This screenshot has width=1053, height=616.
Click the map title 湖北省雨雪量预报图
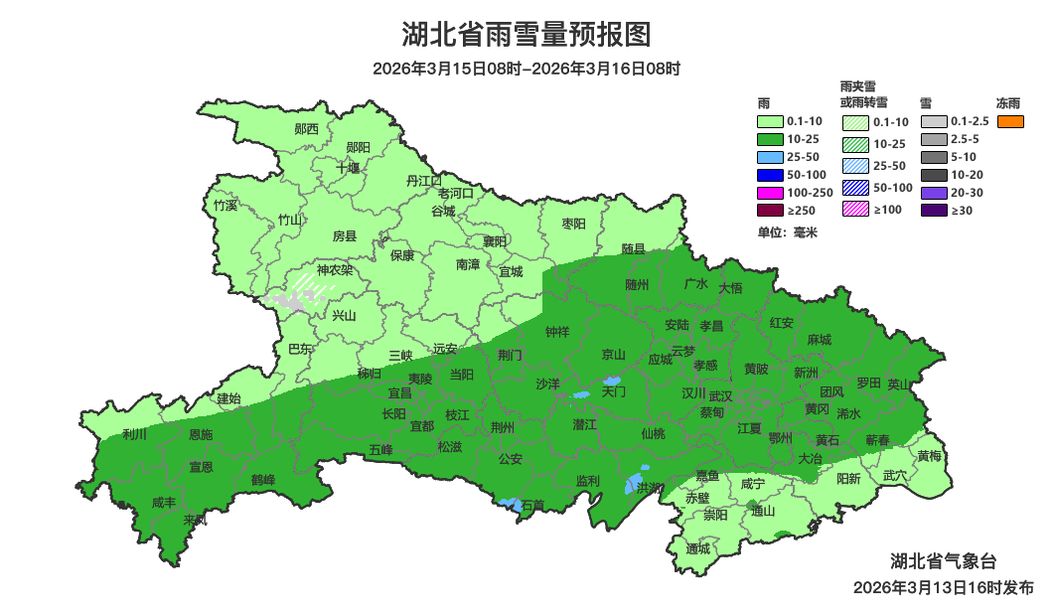526,35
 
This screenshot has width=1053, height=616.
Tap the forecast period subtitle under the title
526,69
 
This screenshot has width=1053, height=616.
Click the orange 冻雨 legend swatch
1009,121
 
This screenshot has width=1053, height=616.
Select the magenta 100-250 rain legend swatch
769,192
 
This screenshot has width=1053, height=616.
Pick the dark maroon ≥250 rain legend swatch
769,210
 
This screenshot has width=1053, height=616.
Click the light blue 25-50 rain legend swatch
769,157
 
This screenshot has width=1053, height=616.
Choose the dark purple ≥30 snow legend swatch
933,210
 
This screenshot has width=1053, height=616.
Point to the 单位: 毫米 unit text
787,231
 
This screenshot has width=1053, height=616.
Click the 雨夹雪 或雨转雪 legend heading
863,94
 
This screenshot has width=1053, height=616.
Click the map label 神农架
334,269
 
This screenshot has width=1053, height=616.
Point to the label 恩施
200,434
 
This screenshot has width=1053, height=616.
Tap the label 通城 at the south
698,548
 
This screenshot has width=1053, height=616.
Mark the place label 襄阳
495,241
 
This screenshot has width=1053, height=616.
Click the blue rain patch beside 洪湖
632,484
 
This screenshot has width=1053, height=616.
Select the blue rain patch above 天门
611,381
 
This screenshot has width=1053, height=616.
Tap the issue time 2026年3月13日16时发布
943,587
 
